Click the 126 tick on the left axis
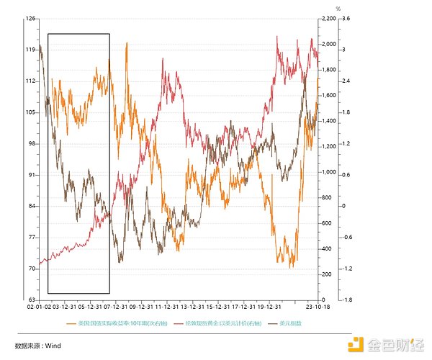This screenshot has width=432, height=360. coord(31,19)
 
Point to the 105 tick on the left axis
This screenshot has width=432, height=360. coord(31,112)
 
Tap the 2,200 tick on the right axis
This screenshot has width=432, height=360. coord(326,19)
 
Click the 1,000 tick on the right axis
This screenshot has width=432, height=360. coord(326,172)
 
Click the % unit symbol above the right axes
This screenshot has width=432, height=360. coord(318,9)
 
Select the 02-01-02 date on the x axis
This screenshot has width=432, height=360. coord(39,306)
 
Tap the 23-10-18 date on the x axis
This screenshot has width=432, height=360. coord(317,306)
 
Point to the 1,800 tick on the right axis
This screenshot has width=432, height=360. coord(326,70)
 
